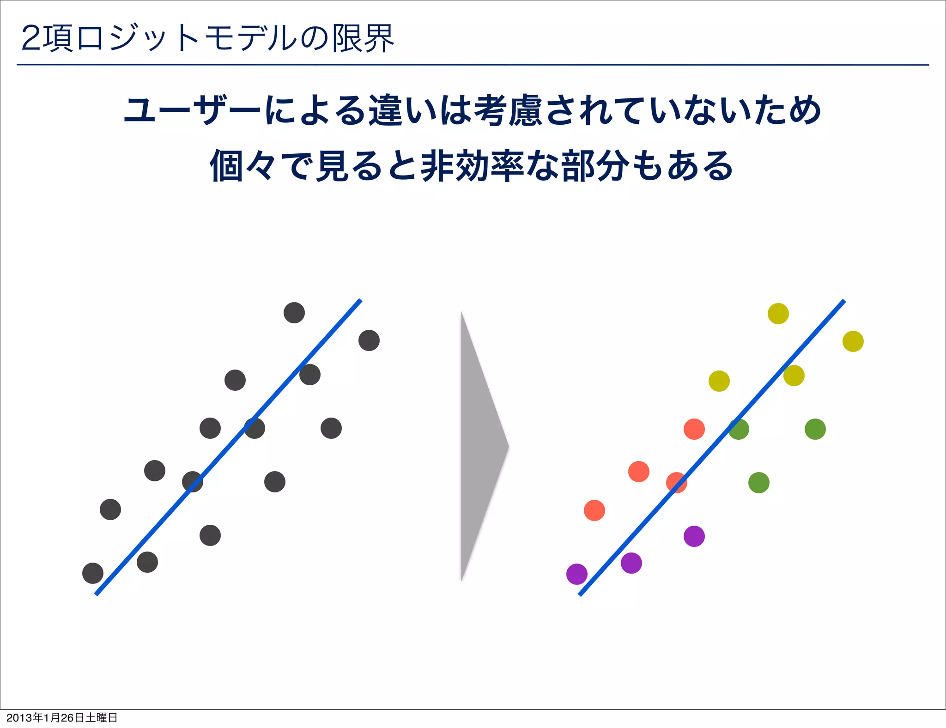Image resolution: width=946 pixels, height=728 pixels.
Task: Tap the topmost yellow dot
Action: [778, 314]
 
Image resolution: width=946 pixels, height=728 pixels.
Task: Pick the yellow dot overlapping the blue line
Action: [794, 375]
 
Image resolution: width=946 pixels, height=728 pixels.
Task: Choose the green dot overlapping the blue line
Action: [739, 429]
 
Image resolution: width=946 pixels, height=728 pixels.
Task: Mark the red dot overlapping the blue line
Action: [676, 483]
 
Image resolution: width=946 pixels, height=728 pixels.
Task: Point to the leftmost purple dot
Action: [576, 574]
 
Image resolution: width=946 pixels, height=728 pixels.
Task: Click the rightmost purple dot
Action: [694, 536]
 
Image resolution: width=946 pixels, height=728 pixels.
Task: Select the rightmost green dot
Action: [815, 429]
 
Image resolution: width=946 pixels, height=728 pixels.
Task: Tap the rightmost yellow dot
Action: [853, 341]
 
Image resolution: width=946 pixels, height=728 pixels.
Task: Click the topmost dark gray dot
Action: [294, 313]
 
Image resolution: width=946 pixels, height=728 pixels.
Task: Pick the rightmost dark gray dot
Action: [369, 340]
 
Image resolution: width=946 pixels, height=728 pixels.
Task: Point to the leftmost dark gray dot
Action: [92, 573]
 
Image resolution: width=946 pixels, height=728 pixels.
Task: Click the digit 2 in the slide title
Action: [31, 38]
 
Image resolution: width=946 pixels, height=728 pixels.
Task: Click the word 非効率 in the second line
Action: [472, 165]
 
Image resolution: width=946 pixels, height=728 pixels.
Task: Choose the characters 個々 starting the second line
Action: [243, 165]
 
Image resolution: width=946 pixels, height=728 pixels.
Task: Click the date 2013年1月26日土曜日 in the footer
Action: [62, 717]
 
